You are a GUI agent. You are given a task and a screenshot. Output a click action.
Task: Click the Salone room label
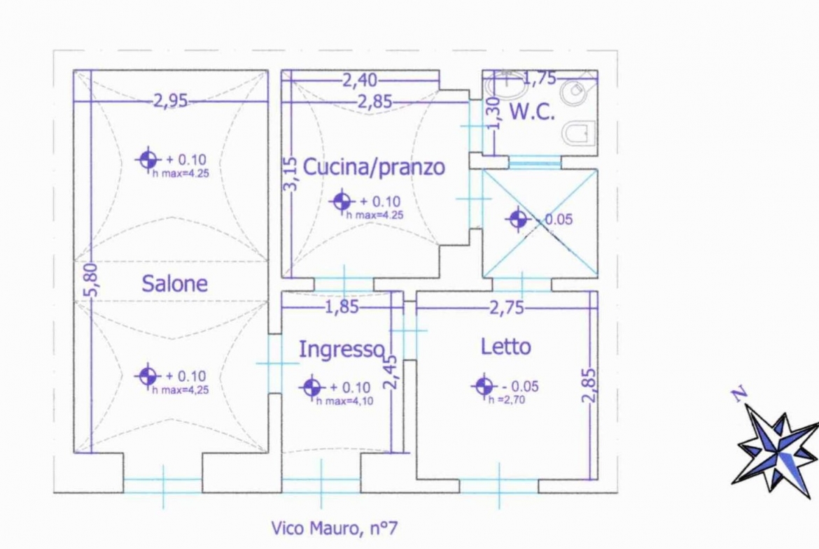click(x=174, y=283)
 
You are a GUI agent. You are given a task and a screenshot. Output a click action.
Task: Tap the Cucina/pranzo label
click(x=374, y=167)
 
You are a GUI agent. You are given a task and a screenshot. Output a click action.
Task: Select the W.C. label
click(x=532, y=112)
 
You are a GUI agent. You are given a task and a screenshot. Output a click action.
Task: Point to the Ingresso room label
click(x=342, y=349)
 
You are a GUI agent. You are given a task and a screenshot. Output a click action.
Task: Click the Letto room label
click(x=505, y=347)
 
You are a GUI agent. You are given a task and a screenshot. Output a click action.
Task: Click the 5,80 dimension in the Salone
click(x=91, y=280)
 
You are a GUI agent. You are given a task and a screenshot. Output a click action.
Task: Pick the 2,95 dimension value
click(x=170, y=100)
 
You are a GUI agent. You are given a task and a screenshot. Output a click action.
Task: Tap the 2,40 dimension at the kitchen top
click(x=360, y=80)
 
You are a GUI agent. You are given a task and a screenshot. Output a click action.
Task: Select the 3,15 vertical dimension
click(x=290, y=173)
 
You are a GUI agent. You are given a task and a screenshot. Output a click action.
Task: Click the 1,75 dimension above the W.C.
click(x=540, y=78)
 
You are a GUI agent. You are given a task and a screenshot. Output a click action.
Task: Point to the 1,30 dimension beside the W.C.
click(x=493, y=113)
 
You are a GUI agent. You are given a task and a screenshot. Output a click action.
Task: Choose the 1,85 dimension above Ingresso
click(x=342, y=307)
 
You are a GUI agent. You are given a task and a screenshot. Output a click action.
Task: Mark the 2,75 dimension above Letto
click(x=507, y=308)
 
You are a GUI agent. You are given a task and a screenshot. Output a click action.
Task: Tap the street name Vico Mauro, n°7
click(x=335, y=528)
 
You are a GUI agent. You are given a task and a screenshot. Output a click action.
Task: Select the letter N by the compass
click(x=740, y=394)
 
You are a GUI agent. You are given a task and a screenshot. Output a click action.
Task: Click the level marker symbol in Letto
click(x=484, y=387)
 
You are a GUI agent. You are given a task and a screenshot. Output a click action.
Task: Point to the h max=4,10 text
click(x=344, y=401)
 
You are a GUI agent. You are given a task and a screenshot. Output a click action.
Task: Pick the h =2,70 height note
click(x=507, y=400)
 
